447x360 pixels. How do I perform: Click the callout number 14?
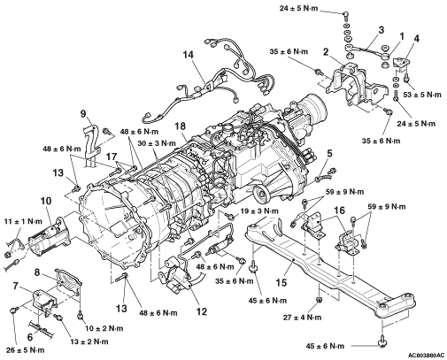(189, 55)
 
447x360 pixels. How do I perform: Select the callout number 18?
(180, 126)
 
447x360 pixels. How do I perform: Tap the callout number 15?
(281, 282)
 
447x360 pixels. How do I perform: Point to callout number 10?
(46, 201)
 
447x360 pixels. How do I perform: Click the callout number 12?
(202, 311)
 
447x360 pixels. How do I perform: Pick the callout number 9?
(83, 113)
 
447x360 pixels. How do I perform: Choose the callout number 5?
(329, 153)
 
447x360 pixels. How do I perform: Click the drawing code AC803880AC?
(427, 356)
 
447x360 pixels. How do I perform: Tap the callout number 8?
(37, 272)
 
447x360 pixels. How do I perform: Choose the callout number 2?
(326, 52)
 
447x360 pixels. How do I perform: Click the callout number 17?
(112, 157)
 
